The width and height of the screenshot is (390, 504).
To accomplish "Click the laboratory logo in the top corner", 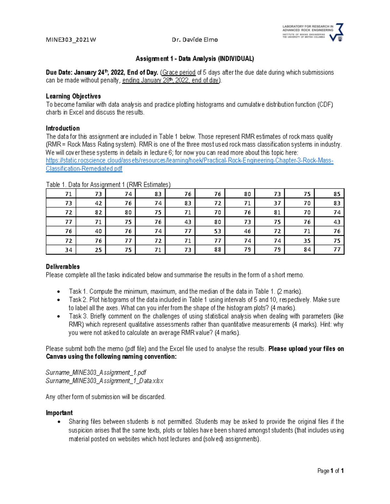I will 313,32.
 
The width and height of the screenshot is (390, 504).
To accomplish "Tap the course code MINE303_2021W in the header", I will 71,40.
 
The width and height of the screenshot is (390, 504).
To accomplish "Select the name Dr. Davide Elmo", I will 195,40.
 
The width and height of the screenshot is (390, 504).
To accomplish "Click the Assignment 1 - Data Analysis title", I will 195,59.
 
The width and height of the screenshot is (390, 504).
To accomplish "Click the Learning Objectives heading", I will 73,96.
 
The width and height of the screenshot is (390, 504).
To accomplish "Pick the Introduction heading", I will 63,128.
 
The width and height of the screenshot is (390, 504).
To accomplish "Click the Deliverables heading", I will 63,267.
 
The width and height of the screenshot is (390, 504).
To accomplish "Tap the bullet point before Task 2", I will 58,300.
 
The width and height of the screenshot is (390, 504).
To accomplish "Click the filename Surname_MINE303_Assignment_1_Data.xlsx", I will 104,381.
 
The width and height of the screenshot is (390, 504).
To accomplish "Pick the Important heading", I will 59,413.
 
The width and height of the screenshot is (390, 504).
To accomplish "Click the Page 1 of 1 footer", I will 331,471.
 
